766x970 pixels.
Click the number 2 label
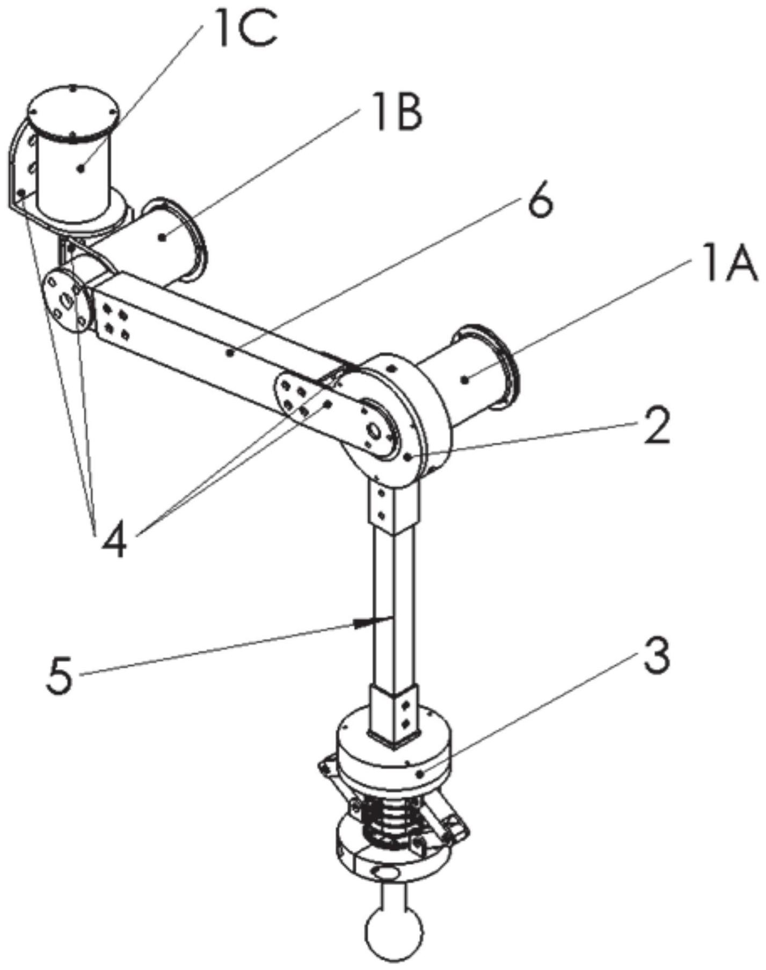coord(656,424)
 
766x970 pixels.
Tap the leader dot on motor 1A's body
coord(465,379)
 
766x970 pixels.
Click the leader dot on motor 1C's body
coord(81,168)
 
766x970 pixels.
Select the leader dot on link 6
coord(230,352)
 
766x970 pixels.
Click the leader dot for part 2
coord(409,457)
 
